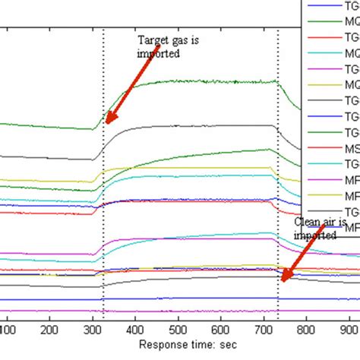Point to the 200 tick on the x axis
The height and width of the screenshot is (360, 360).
click(x=49, y=330)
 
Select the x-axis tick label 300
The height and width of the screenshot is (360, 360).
click(x=92, y=330)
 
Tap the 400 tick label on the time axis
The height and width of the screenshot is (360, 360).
click(x=134, y=330)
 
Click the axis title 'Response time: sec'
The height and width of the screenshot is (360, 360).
click(x=182, y=346)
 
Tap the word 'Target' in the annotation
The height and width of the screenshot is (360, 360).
click(x=150, y=42)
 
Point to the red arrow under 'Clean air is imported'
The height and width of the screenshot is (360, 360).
click(x=296, y=258)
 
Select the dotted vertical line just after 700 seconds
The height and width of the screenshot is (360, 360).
click(x=279, y=152)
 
